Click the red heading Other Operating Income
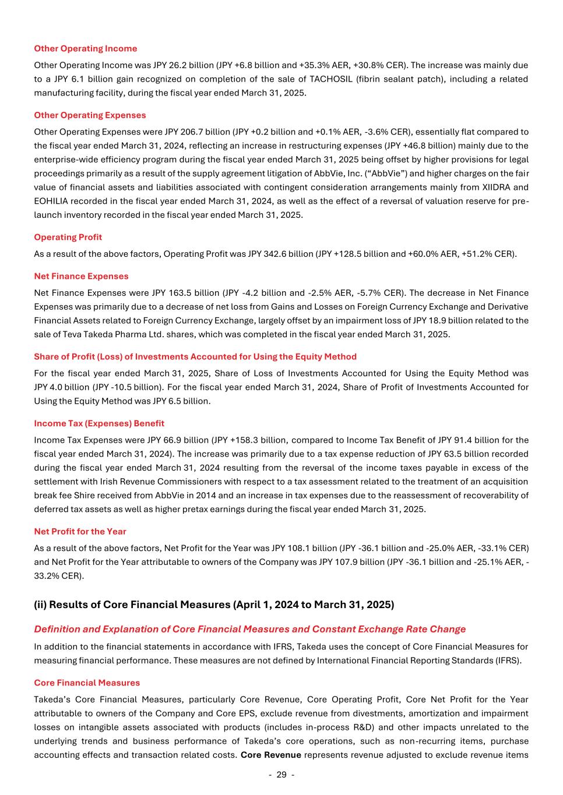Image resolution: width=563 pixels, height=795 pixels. pos(86,48)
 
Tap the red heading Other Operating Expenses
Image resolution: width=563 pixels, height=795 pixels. pos(90,115)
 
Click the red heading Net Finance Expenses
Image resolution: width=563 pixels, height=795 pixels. pos(81,276)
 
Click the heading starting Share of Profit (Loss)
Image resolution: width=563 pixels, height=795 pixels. pos(195,356)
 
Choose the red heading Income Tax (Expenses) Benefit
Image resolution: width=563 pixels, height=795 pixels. pos(99,423)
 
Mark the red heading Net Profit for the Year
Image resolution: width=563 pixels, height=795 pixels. pos(80,531)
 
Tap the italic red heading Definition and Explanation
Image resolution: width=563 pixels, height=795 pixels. pos(249,629)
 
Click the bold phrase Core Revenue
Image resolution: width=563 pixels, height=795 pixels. pos(270,755)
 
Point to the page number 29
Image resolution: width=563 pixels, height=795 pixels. pos(281,775)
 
